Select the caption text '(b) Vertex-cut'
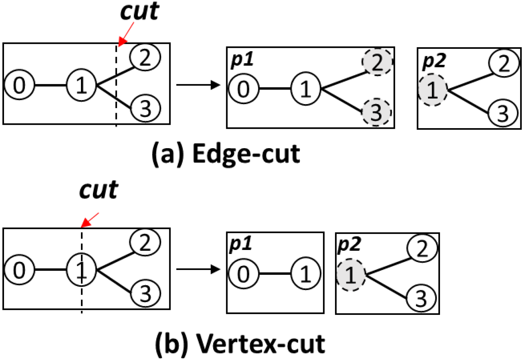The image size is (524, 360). point(240,343)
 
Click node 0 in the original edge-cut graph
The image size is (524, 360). point(19,85)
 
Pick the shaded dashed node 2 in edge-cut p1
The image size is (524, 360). point(377,62)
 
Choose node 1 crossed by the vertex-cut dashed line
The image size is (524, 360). point(81,270)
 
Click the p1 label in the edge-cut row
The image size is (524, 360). point(242,60)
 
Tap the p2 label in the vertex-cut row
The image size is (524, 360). point(349,244)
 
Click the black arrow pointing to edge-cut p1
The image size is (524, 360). point(198,85)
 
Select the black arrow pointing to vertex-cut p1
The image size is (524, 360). point(198,269)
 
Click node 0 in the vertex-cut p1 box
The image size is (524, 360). point(243,274)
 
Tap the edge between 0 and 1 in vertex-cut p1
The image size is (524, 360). point(274,274)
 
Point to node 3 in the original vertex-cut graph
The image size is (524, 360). point(145,293)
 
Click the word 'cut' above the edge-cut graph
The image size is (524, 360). point(140,12)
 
